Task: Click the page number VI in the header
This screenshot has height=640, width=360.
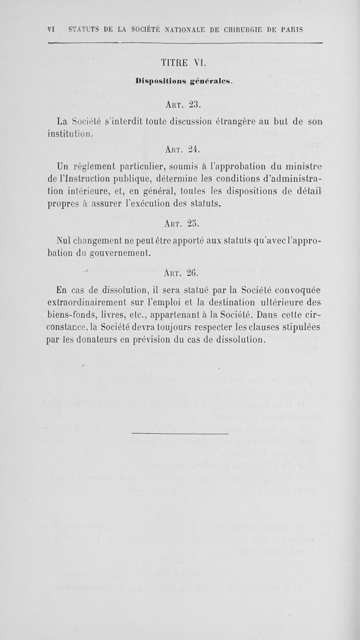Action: (x=50, y=30)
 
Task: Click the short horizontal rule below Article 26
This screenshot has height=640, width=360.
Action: (x=180, y=433)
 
